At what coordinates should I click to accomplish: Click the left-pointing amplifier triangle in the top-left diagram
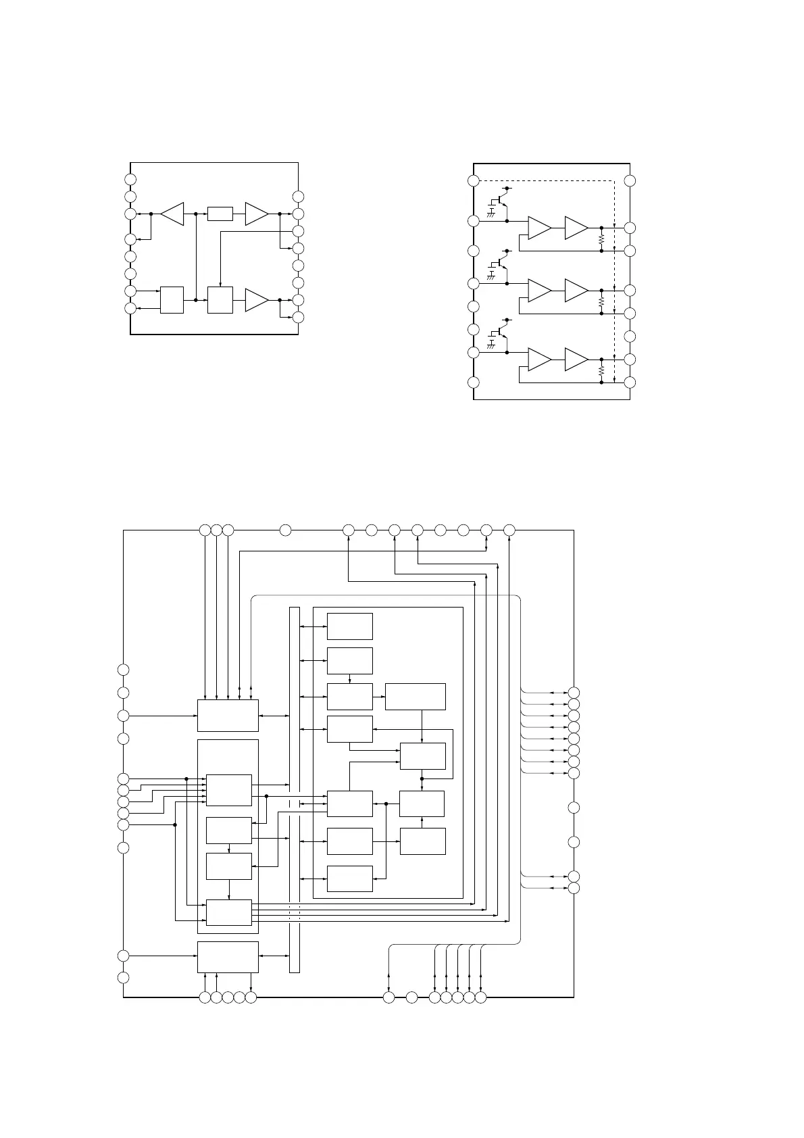click(x=173, y=214)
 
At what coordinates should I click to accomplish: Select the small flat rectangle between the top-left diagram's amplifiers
click(x=220, y=214)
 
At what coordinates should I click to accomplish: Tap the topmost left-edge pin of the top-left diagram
click(x=130, y=179)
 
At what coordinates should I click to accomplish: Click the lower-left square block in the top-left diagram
click(x=172, y=299)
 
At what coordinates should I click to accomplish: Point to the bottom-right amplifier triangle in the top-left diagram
click(x=256, y=299)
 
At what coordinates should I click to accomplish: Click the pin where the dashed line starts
click(x=474, y=180)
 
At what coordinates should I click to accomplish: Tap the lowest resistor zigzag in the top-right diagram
click(x=601, y=371)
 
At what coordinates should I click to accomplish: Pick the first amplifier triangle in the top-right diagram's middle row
click(x=539, y=291)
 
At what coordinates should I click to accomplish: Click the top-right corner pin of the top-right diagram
click(x=630, y=180)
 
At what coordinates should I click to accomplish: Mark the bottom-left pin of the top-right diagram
click(x=474, y=382)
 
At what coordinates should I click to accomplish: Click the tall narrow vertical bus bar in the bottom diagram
click(x=294, y=789)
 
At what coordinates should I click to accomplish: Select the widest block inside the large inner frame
click(x=415, y=697)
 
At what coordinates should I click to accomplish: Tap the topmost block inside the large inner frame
click(x=349, y=626)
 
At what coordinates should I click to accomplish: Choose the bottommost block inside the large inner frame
click(x=349, y=879)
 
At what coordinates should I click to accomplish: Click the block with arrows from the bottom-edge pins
click(x=227, y=957)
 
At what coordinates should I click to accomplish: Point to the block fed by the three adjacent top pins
click(x=227, y=715)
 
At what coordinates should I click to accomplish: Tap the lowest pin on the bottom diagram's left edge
click(x=123, y=978)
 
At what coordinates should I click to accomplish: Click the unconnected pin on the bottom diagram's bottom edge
click(x=411, y=997)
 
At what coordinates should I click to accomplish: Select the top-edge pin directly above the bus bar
click(x=285, y=530)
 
